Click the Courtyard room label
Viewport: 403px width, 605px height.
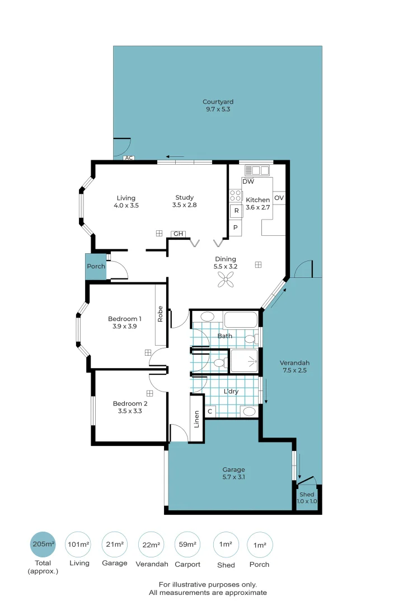218,102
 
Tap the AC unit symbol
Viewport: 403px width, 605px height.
129,158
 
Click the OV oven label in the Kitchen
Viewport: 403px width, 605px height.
279,198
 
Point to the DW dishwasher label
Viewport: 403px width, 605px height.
249,182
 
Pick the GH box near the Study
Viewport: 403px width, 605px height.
178,234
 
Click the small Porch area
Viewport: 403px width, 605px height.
96,267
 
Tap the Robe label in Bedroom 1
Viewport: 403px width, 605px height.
161,314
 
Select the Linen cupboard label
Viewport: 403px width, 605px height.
196,419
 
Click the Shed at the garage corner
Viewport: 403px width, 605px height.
307,498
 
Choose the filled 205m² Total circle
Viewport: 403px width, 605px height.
43,544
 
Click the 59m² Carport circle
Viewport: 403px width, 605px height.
187,544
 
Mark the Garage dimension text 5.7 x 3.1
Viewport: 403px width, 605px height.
234,477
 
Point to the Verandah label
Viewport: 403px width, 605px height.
294,362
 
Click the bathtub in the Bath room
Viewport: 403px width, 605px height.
240,320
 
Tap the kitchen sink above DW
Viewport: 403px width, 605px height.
257,170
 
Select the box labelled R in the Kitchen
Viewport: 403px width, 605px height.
236,211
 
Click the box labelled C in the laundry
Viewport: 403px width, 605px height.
210,412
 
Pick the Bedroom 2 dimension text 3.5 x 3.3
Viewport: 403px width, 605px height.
130,411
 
